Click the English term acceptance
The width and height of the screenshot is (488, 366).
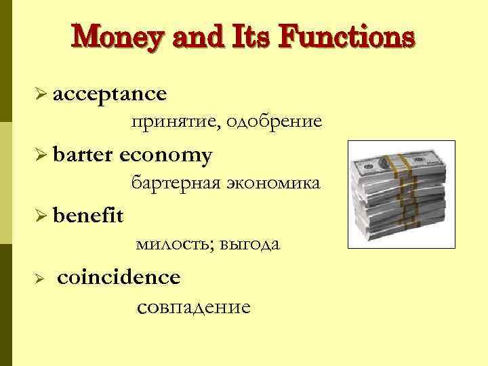click(108, 94)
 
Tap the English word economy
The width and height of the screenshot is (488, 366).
click(165, 156)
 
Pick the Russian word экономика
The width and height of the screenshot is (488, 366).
click(277, 183)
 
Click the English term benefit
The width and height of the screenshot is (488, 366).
click(87, 216)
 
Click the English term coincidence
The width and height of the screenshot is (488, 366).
click(119, 277)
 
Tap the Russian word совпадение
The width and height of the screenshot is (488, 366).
click(194, 307)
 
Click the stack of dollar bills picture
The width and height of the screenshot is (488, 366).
click(397, 197)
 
